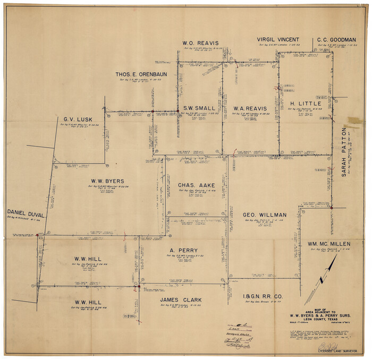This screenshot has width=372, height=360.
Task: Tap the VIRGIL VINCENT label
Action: [278, 39]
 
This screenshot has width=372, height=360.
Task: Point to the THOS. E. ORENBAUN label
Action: [141, 74]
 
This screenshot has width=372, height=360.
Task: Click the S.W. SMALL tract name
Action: [199, 108]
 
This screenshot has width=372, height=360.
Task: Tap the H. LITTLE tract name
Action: [306, 104]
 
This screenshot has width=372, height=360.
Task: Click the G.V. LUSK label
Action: [79, 120]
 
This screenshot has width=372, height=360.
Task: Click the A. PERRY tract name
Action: [183, 250]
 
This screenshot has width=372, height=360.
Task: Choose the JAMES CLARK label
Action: [181, 300]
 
